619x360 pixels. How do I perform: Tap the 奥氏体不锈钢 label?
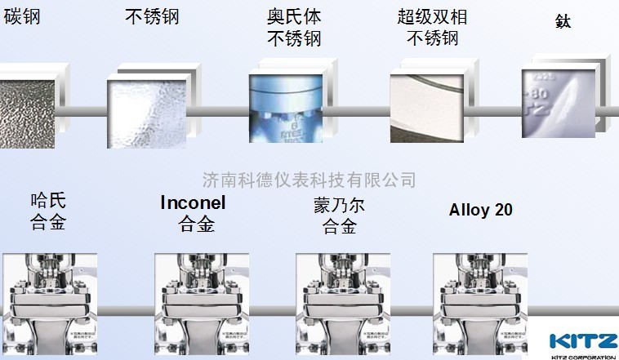(295, 27)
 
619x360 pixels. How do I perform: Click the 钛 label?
(562, 21)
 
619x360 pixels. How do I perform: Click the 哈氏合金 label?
(48, 211)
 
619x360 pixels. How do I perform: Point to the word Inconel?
(193, 202)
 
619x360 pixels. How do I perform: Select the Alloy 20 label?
(481, 210)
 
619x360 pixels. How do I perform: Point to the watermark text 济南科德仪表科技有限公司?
(309, 179)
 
